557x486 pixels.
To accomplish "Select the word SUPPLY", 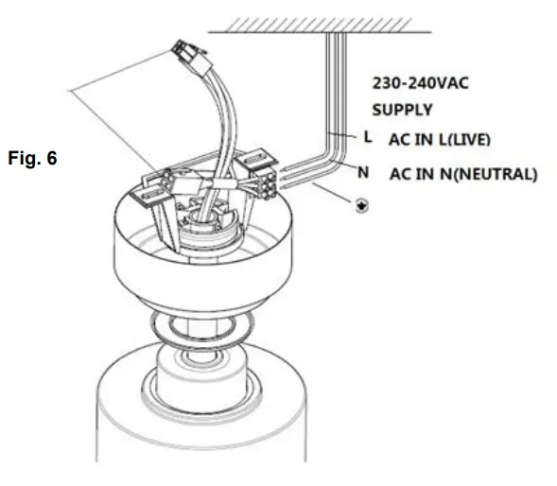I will (x=400, y=110).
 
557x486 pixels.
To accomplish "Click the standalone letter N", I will (x=362, y=172).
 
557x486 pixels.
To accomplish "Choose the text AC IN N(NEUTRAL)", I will (x=462, y=174).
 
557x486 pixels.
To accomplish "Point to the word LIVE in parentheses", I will (x=469, y=139).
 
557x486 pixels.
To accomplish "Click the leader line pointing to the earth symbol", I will (x=322, y=193).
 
